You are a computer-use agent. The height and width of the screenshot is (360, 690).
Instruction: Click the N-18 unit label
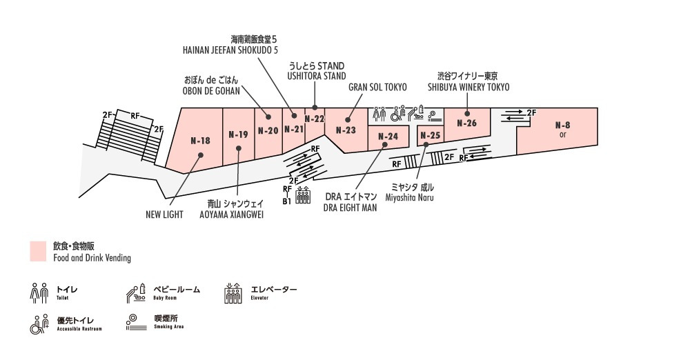coord(200,141)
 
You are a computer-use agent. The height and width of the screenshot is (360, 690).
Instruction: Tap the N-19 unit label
coord(238,134)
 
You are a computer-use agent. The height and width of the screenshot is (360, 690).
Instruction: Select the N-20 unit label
coord(268,130)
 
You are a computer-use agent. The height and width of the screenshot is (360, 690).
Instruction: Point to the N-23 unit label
coord(346,130)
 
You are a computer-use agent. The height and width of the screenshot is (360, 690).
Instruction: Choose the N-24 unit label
coord(388,137)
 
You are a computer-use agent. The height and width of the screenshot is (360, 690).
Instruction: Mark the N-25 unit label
coord(430,136)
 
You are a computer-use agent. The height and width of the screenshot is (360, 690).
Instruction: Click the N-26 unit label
coord(467,123)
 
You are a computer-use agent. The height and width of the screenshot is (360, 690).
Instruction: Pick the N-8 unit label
coord(563,126)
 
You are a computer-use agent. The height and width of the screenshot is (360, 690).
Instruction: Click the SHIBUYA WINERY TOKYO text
coord(469,88)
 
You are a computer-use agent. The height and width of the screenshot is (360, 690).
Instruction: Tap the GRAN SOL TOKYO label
coord(377,88)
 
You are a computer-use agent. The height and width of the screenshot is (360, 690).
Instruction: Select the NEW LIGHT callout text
coord(164,214)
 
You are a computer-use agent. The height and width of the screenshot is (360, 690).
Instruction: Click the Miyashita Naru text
coord(413,198)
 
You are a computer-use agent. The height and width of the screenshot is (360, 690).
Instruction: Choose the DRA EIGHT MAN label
coord(350,208)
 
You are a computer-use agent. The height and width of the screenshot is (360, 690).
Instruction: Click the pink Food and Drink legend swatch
coord(39,252)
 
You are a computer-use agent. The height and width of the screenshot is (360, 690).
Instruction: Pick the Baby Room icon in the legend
coord(135,293)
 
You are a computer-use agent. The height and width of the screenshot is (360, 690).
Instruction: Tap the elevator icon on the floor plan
coord(302,195)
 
